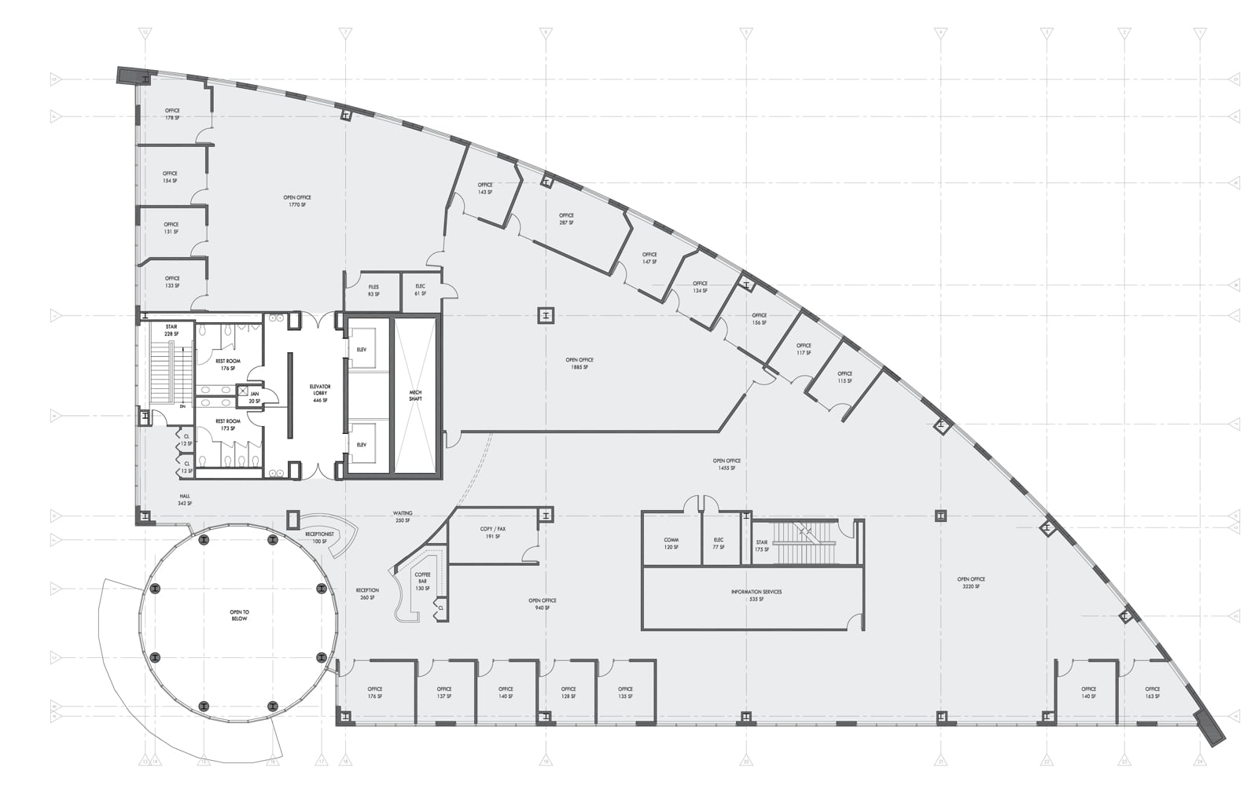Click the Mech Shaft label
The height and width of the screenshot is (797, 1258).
click(415, 395)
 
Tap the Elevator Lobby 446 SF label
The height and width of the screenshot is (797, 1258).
click(320, 393)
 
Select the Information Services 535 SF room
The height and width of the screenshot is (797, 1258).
click(756, 595)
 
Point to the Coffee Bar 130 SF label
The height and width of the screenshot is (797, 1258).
click(423, 581)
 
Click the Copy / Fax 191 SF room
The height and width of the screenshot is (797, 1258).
click(493, 532)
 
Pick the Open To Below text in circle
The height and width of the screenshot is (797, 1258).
click(239, 615)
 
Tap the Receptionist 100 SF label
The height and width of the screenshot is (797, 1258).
click(320, 537)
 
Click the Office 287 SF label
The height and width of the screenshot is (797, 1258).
click(566, 219)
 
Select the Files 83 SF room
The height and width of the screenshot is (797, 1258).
click(373, 290)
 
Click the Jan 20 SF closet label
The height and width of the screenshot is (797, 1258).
click(255, 397)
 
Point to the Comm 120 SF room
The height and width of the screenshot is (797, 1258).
click(671, 543)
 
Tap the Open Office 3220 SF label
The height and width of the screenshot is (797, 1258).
click(971, 582)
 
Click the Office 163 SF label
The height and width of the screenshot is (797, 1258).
click(1152, 692)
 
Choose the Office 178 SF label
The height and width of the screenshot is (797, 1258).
click(172, 114)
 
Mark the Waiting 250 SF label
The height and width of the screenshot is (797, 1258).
click(403, 516)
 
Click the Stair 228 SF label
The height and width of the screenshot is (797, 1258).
click(171, 329)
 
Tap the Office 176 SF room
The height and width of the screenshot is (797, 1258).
click(375, 692)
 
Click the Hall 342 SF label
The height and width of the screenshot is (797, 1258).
click(185, 499)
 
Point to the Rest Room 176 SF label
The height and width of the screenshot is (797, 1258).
click(228, 364)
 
